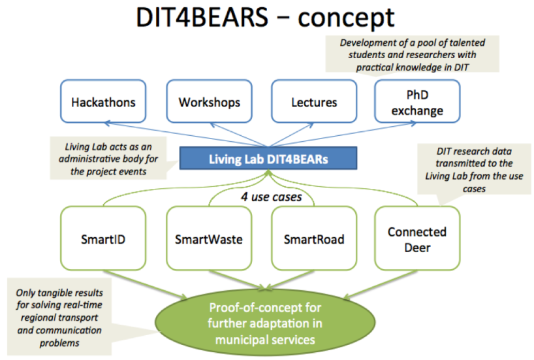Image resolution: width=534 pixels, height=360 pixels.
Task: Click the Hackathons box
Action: point(103,101)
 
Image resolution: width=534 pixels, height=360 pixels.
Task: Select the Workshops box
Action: point(209,101)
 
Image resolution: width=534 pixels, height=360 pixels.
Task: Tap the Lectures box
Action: point(314,101)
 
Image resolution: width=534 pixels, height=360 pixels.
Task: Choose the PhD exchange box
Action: point(417,101)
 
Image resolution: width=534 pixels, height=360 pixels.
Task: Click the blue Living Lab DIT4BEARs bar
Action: point(268,158)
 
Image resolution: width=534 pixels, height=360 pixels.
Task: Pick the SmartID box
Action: point(103,238)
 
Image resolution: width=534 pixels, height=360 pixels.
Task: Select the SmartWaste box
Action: point(209,238)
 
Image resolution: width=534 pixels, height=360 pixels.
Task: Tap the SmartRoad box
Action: point(314,238)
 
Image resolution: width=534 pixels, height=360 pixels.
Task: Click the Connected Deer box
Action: point(417,238)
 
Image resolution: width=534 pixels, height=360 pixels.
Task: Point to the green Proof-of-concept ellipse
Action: point(265,323)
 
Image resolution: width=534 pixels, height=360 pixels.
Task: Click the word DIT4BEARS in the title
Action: point(202,17)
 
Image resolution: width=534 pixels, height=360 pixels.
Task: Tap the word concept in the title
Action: point(346,18)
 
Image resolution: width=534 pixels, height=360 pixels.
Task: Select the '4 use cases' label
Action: point(272,197)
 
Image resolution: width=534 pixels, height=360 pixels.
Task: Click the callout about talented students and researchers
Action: point(412,54)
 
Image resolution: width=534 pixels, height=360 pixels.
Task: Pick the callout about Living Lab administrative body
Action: point(108,159)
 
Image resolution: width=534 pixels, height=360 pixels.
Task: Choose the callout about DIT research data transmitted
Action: point(474,169)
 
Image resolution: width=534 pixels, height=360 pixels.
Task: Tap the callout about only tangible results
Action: point(59,317)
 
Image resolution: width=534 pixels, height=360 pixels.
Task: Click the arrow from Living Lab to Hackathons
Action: point(186,135)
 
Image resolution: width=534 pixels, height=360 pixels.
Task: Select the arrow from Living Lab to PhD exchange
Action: point(342,135)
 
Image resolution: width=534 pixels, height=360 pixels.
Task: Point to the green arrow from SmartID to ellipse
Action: point(145,284)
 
